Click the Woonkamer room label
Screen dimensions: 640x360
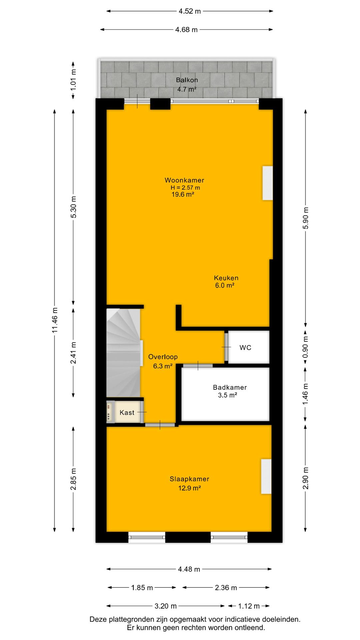click(x=184, y=180)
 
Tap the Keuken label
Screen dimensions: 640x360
click(x=226, y=278)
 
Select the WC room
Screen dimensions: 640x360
click(x=245, y=348)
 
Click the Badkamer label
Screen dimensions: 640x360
click(x=230, y=387)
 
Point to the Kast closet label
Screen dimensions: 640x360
click(x=127, y=413)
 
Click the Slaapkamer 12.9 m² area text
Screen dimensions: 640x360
click(x=189, y=488)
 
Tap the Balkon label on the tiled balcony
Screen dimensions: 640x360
click(x=187, y=80)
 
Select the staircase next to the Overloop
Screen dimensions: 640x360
click(x=123, y=353)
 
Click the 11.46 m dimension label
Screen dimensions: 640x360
click(x=55, y=320)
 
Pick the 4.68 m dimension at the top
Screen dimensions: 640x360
click(x=186, y=30)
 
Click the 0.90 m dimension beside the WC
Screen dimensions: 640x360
click(x=305, y=347)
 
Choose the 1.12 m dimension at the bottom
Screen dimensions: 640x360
click(x=249, y=606)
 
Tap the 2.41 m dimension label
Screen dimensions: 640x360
click(x=74, y=353)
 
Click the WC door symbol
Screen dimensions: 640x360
click(x=226, y=347)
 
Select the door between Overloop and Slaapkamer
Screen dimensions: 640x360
click(x=160, y=425)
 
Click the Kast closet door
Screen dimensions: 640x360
click(x=142, y=412)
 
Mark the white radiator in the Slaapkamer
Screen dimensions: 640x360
click(x=266, y=476)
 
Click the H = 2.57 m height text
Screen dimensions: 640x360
click(x=185, y=188)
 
